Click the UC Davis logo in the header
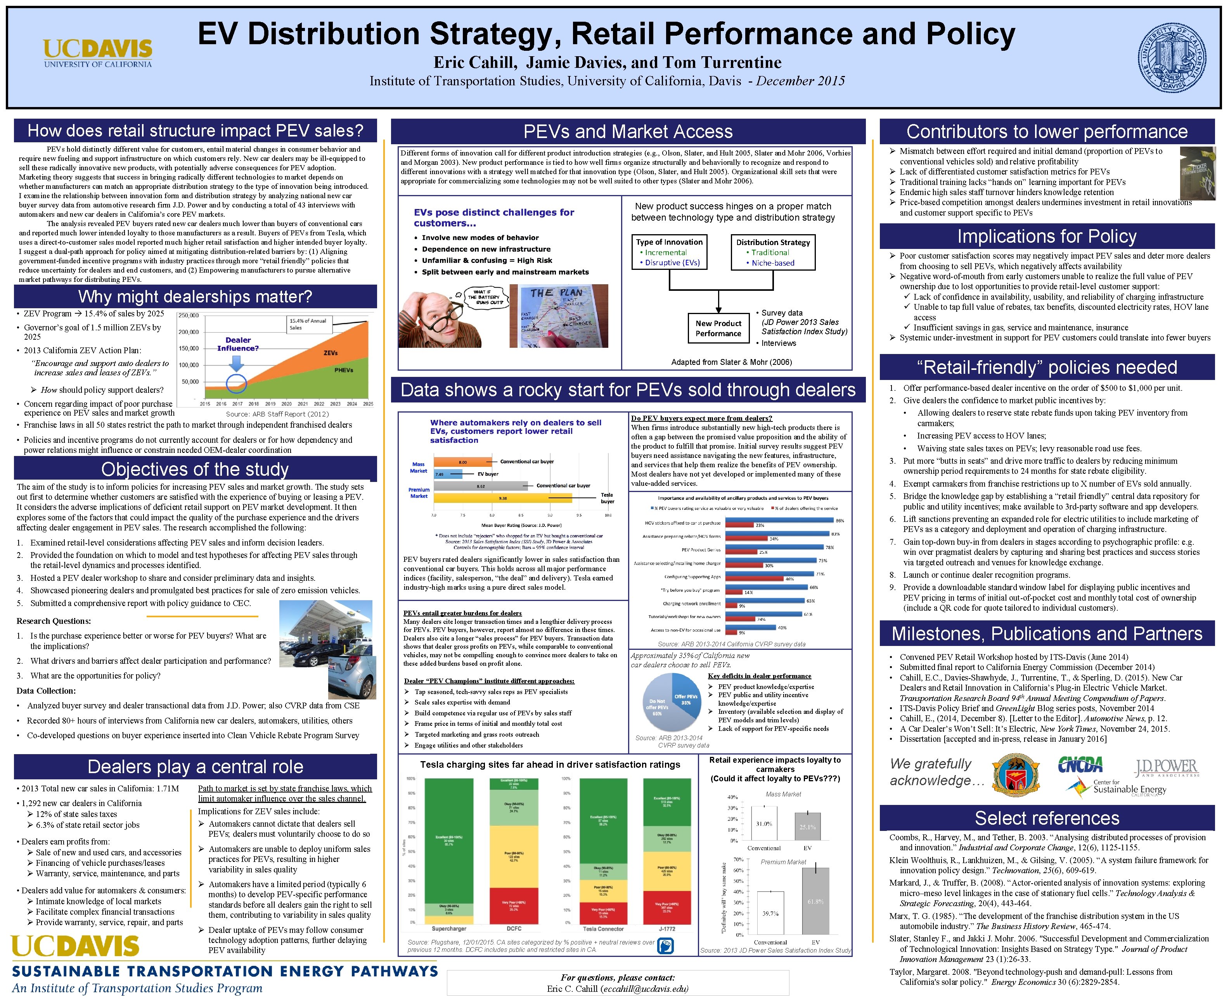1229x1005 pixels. [97, 53]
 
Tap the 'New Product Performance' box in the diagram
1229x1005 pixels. [718, 328]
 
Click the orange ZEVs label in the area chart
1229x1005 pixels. [330, 352]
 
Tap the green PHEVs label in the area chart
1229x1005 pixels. [343, 370]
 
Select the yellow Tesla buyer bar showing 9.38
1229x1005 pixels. [503, 498]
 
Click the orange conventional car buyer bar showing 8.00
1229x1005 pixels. [462, 462]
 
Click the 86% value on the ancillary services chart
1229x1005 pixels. [840, 520]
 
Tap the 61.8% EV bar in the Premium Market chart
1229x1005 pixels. [815, 900]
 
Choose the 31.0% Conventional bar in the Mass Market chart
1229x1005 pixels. [763, 823]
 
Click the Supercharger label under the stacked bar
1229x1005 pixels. [448, 929]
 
